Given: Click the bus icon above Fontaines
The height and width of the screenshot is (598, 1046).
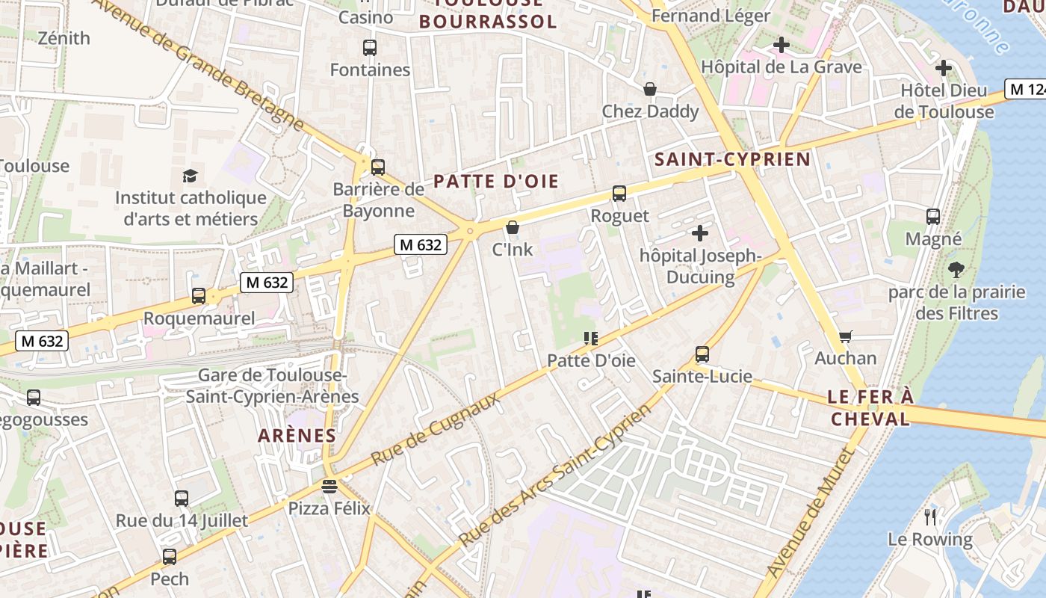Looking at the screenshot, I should (369, 48).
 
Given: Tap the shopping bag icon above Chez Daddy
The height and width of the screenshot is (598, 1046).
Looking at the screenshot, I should (650, 90).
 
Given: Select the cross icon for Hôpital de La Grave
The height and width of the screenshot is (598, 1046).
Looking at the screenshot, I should (782, 45).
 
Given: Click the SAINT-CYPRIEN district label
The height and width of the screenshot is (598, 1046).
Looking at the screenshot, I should (732, 159).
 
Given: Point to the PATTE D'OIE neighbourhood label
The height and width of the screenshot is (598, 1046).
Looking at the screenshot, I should (496, 182).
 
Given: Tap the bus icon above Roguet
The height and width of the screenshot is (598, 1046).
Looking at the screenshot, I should (619, 194).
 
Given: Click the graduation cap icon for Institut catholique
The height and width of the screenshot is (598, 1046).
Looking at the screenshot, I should (190, 176).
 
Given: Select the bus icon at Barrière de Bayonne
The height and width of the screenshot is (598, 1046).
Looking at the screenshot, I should (378, 167).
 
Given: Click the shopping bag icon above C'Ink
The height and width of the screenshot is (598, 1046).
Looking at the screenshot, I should (513, 227).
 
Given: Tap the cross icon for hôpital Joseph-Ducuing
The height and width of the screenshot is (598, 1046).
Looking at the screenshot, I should (699, 233).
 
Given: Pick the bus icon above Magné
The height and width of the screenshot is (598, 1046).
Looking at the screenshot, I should (933, 217).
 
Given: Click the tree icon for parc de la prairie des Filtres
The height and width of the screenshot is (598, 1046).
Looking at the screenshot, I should (956, 269).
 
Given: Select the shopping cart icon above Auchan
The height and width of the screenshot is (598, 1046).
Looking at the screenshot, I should (845, 336).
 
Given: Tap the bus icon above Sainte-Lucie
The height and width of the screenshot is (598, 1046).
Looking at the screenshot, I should (702, 354).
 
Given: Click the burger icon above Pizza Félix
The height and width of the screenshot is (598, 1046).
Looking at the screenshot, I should (329, 487).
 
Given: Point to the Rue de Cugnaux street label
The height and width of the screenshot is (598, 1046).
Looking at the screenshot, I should (436, 428).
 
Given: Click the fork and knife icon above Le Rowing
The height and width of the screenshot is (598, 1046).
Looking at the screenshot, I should (930, 517).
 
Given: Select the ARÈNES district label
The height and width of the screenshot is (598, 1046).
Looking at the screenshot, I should (297, 435).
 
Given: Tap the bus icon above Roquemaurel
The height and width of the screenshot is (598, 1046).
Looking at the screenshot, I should (198, 296).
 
